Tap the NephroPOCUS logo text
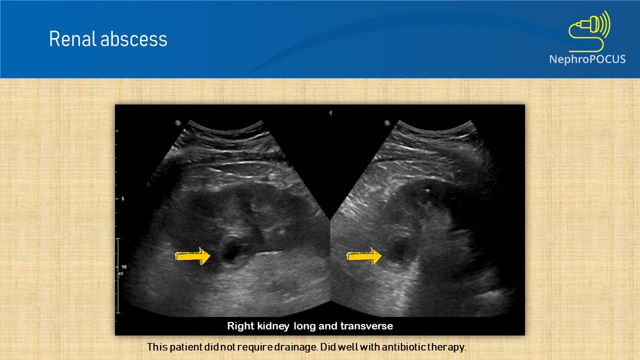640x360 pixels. coord(587,59)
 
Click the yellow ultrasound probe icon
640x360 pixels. coord(590,29)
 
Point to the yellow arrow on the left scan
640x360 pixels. coord(192,256)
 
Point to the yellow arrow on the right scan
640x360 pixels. coord(364,256)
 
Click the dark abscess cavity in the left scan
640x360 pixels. coord(231,251)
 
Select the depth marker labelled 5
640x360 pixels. coord(122,199)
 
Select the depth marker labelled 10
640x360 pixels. coord(123,267)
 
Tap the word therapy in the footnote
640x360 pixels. coord(448,347)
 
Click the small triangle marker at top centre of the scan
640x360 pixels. coord(330,113)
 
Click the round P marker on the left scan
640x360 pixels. coord(177,122)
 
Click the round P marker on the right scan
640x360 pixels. coord(386,122)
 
